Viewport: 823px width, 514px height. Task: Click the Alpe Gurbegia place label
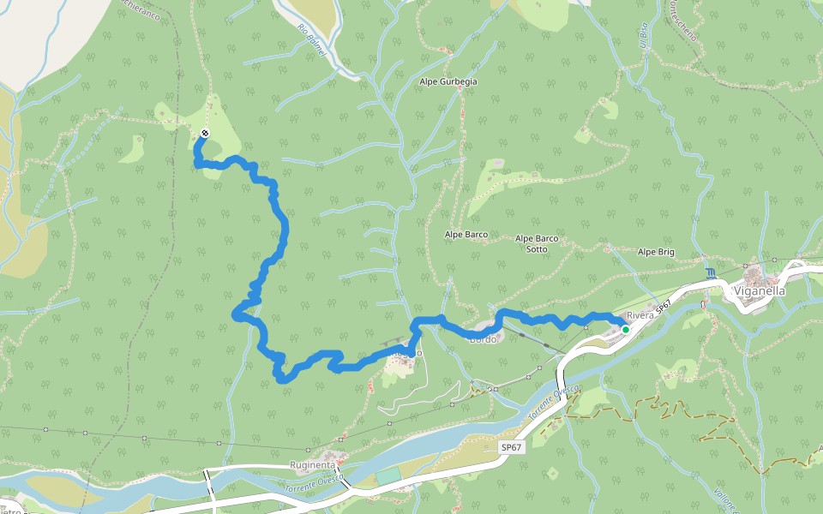click(448, 81)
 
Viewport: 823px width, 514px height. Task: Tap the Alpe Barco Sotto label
click(537, 243)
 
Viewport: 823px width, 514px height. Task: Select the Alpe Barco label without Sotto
click(466, 234)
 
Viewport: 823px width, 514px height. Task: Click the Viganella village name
click(760, 290)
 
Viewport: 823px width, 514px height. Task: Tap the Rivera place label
click(640, 315)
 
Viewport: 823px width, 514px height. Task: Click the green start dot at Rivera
click(626, 329)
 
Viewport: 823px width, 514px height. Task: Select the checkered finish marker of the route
click(205, 133)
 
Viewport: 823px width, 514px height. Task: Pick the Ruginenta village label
click(312, 464)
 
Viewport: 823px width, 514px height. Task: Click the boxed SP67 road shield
click(511, 447)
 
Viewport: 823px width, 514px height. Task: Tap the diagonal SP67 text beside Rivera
click(663, 306)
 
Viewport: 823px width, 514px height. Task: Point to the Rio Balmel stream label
click(312, 40)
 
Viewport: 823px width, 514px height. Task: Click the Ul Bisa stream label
click(641, 35)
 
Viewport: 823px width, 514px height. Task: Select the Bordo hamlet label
click(482, 338)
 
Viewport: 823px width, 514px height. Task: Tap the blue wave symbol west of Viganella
click(711, 273)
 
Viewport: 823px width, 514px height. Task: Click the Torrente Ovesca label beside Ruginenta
click(314, 486)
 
